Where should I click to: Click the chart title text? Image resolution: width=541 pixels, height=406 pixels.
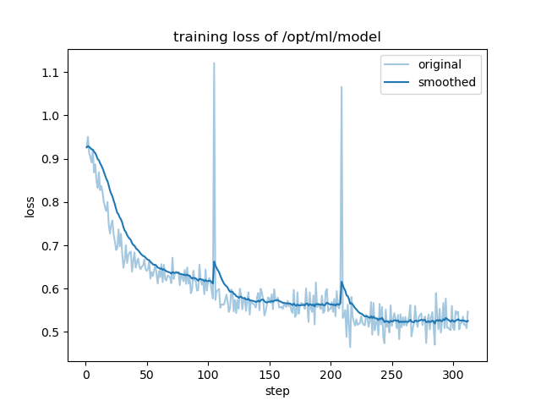click(276, 37)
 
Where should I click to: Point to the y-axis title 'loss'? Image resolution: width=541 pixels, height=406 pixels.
click(30, 206)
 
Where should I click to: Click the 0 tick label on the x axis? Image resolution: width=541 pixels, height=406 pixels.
click(86, 373)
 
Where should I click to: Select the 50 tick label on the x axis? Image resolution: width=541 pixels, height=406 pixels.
click(147, 373)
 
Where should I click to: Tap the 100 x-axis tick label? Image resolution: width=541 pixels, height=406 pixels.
click(208, 373)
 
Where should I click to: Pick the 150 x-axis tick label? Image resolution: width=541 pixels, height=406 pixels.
click(270, 373)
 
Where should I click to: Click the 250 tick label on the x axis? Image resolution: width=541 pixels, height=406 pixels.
click(391, 373)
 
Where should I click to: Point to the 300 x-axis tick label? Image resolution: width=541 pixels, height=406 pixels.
click(453, 373)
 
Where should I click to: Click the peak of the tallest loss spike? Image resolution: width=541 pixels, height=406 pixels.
click(214, 63)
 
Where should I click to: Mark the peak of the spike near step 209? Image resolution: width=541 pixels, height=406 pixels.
click(342, 86)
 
